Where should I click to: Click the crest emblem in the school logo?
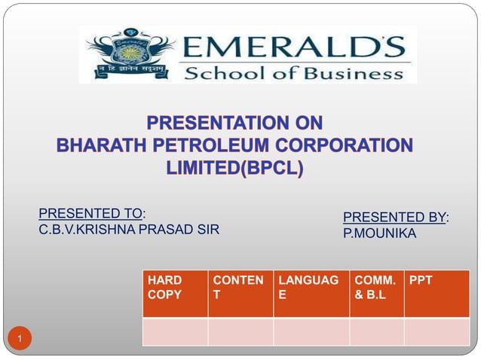point(130,53)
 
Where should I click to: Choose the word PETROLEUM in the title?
point(231,145)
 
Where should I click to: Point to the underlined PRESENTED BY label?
point(394,218)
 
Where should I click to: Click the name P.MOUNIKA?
point(379,234)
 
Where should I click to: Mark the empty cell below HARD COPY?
point(175,331)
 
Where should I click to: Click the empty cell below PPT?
point(437,331)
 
